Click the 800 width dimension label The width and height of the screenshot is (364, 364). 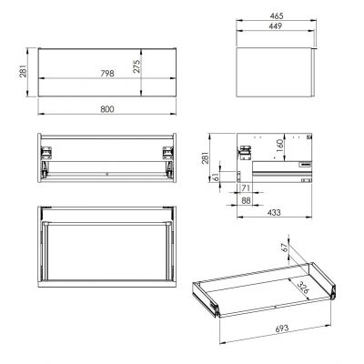pyautogui.click(x=107, y=109)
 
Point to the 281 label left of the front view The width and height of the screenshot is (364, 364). pyautogui.click(x=30, y=66)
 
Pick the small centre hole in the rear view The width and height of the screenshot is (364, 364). pyautogui.click(x=107, y=171)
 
